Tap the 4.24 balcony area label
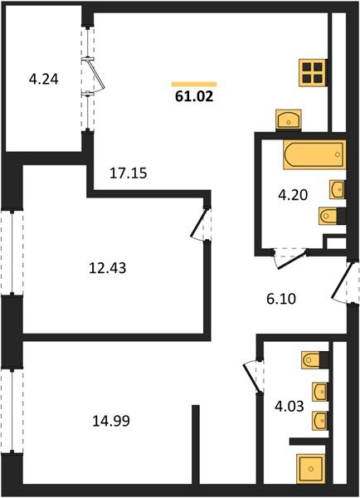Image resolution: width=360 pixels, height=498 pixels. point(43,81)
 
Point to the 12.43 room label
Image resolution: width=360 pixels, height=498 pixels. point(108,267)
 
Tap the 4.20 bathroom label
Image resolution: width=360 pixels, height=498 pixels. point(291,198)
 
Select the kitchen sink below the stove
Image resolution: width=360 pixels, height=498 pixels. point(288,120)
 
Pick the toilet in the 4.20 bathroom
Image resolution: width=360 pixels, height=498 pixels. point(327,217)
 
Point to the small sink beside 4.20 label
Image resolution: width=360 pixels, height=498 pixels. point(337,188)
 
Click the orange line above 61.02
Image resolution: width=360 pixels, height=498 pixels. point(193,84)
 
